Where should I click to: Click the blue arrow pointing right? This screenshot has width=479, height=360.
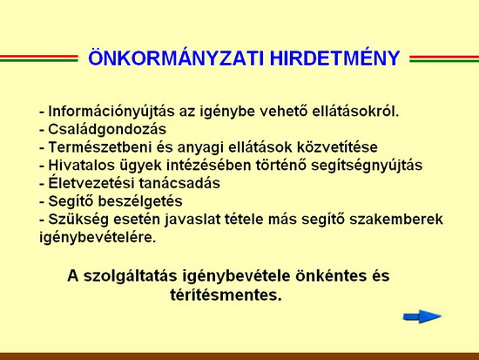422,316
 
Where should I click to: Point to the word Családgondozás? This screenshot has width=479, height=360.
107,130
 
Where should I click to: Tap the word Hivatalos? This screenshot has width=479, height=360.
80,165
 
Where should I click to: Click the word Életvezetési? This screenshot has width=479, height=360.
91,183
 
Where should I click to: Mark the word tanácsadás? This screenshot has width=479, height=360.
179,183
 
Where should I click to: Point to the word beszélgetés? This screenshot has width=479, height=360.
140,202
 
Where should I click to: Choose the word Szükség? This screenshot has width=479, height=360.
78,220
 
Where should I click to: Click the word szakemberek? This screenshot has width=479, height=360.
396,220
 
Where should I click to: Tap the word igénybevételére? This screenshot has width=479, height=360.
98,238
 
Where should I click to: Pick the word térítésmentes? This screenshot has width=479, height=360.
226,295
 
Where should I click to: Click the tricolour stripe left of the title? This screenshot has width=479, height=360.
39,58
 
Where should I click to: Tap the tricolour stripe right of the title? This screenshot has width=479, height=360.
444,58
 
